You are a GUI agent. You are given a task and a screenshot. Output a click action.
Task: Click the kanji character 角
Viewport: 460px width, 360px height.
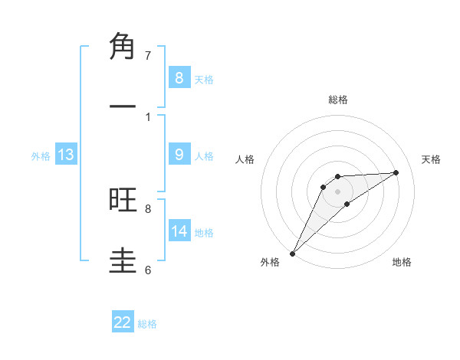tap(123, 47)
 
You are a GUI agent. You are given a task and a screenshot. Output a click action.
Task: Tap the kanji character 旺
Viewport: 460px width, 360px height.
tap(123, 200)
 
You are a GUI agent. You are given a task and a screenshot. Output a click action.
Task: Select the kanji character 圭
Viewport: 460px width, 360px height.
tap(123, 261)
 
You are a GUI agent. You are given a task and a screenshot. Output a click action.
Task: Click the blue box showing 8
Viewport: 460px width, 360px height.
tap(179, 77)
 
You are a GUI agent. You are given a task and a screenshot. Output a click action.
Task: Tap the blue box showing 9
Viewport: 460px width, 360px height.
tap(179, 154)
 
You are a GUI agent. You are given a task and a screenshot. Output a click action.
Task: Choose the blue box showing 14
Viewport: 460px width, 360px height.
tap(179, 231)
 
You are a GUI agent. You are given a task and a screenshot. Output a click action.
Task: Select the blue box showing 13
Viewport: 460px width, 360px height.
tap(65, 155)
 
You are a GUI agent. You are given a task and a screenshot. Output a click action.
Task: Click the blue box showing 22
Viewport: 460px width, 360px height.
tap(123, 322)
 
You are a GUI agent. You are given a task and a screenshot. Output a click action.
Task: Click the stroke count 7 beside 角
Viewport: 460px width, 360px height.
tap(148, 55)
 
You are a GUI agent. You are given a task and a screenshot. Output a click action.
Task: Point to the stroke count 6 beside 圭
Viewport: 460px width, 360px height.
tap(148, 270)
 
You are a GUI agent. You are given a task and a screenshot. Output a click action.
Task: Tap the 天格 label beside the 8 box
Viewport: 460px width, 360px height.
tap(204, 79)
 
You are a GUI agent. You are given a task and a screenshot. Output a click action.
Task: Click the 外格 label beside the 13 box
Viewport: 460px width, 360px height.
tap(41, 156)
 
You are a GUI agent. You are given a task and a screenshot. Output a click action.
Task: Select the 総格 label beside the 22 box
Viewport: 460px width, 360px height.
tap(147, 324)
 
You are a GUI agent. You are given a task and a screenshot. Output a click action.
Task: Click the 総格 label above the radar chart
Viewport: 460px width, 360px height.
tap(338, 100)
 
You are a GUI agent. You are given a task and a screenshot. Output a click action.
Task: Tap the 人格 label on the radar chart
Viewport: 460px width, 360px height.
tap(245, 159)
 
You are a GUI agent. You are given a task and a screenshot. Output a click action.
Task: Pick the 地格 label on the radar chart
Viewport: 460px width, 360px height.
tap(402, 262)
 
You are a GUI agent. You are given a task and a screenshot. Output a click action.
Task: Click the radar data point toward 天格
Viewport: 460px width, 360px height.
tap(396, 172)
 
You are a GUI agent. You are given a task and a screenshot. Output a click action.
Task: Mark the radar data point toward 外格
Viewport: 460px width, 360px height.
tap(292, 253)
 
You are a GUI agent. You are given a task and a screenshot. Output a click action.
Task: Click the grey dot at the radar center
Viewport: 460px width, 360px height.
tap(338, 191)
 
